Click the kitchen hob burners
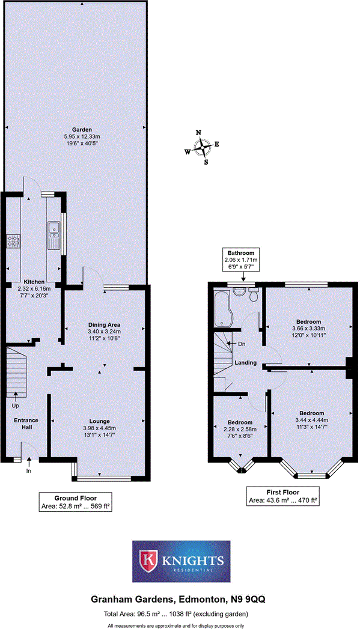click(x=13, y=241)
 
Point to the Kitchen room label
click(x=34, y=281)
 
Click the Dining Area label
click(x=104, y=324)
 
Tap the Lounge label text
click(x=100, y=421)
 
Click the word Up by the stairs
click(x=16, y=406)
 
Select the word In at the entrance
click(x=28, y=472)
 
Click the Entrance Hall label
click(x=26, y=424)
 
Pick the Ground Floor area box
click(x=75, y=502)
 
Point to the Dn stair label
click(x=242, y=344)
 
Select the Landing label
click(x=246, y=363)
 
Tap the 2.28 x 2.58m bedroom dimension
click(x=240, y=430)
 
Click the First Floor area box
click(x=283, y=496)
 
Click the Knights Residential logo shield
click(x=148, y=560)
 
